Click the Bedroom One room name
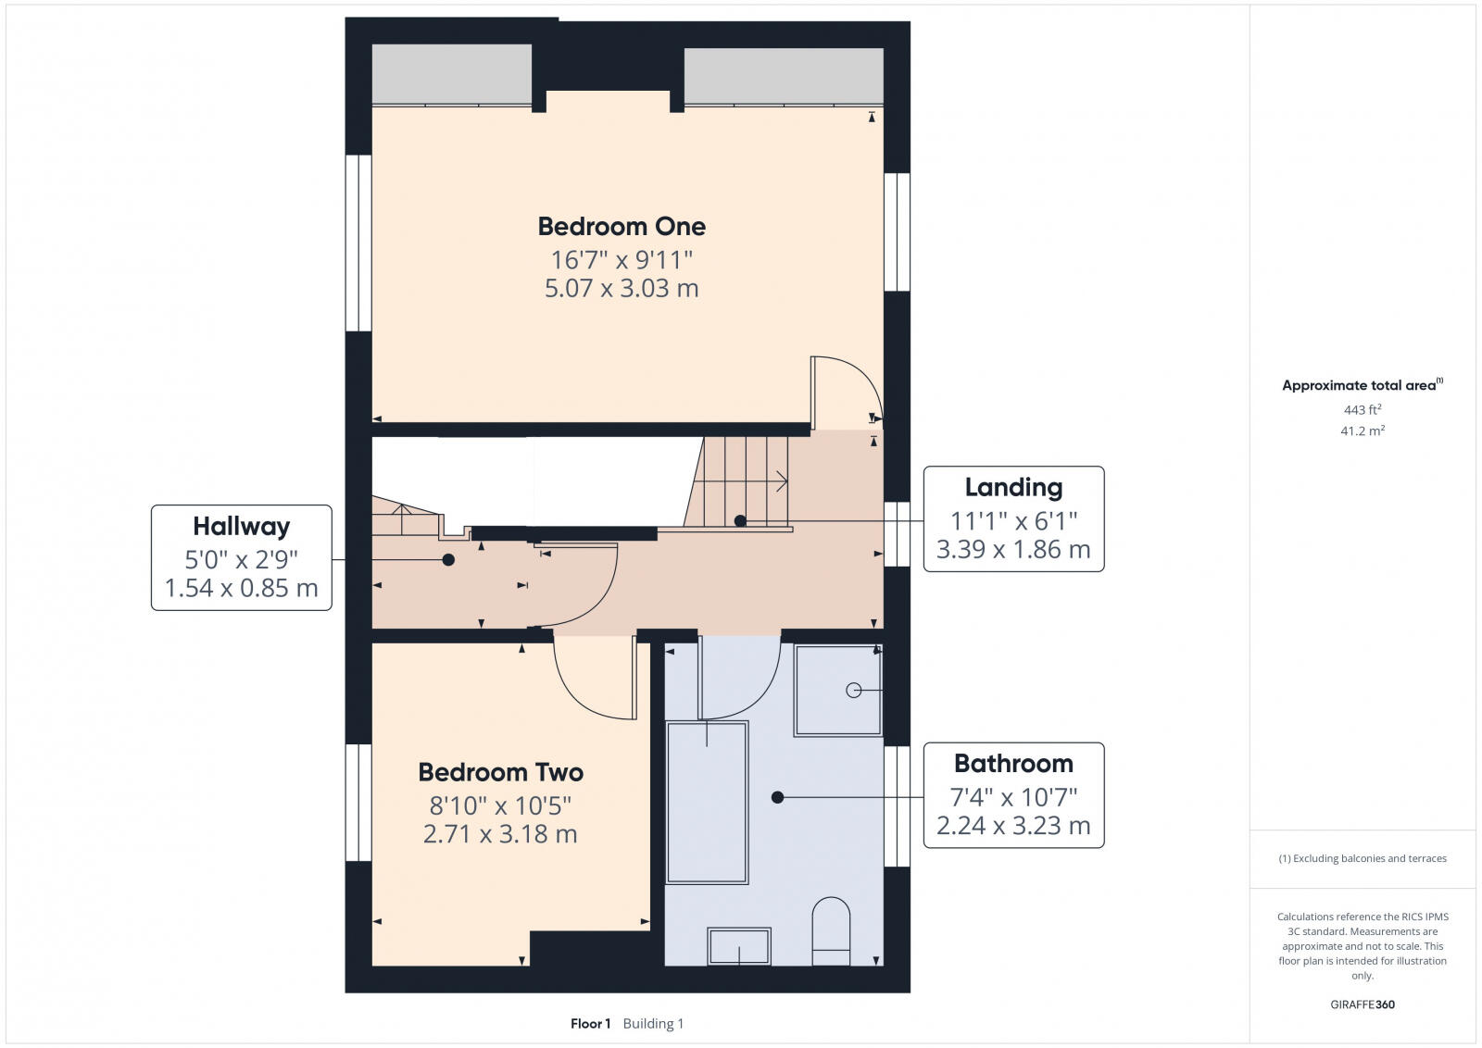coord(622,226)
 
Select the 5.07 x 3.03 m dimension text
coord(622,288)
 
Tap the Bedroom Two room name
coord(500,772)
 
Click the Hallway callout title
coord(241,527)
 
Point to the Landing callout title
coord(1013,487)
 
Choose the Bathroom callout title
coord(1013,764)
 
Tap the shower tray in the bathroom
coord(837,690)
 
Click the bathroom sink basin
coord(739,946)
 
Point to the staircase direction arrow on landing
coord(780,481)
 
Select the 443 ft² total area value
coord(1363,409)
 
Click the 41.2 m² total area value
coord(1363,430)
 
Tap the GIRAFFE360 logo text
coord(1363,1004)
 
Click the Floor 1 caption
coord(590,1024)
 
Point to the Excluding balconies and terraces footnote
coord(1363,858)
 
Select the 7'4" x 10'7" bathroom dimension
coord(1013,797)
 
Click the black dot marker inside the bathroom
coord(777,797)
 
